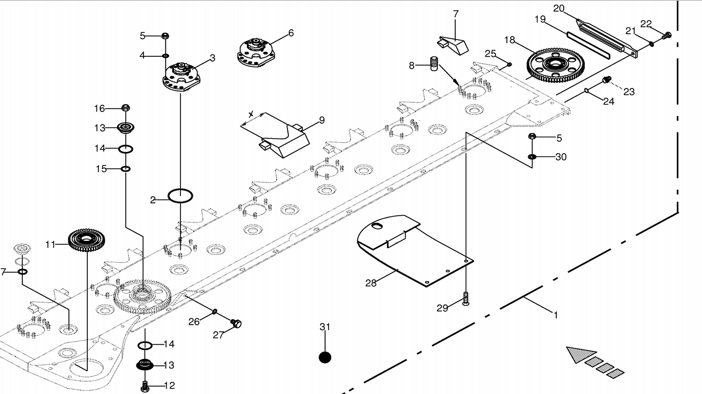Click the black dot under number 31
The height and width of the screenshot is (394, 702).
click(x=325, y=357)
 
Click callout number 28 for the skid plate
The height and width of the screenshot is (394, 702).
click(x=370, y=283)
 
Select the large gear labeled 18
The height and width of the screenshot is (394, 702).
click(x=555, y=65)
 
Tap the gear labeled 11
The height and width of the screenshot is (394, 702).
click(x=86, y=240)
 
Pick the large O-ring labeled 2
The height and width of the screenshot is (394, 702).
click(x=180, y=196)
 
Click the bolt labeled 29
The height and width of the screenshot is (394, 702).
click(x=465, y=299)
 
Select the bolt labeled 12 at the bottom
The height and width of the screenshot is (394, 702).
click(x=145, y=386)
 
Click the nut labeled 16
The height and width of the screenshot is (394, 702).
click(x=125, y=108)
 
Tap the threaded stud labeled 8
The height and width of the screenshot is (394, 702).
click(x=434, y=64)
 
